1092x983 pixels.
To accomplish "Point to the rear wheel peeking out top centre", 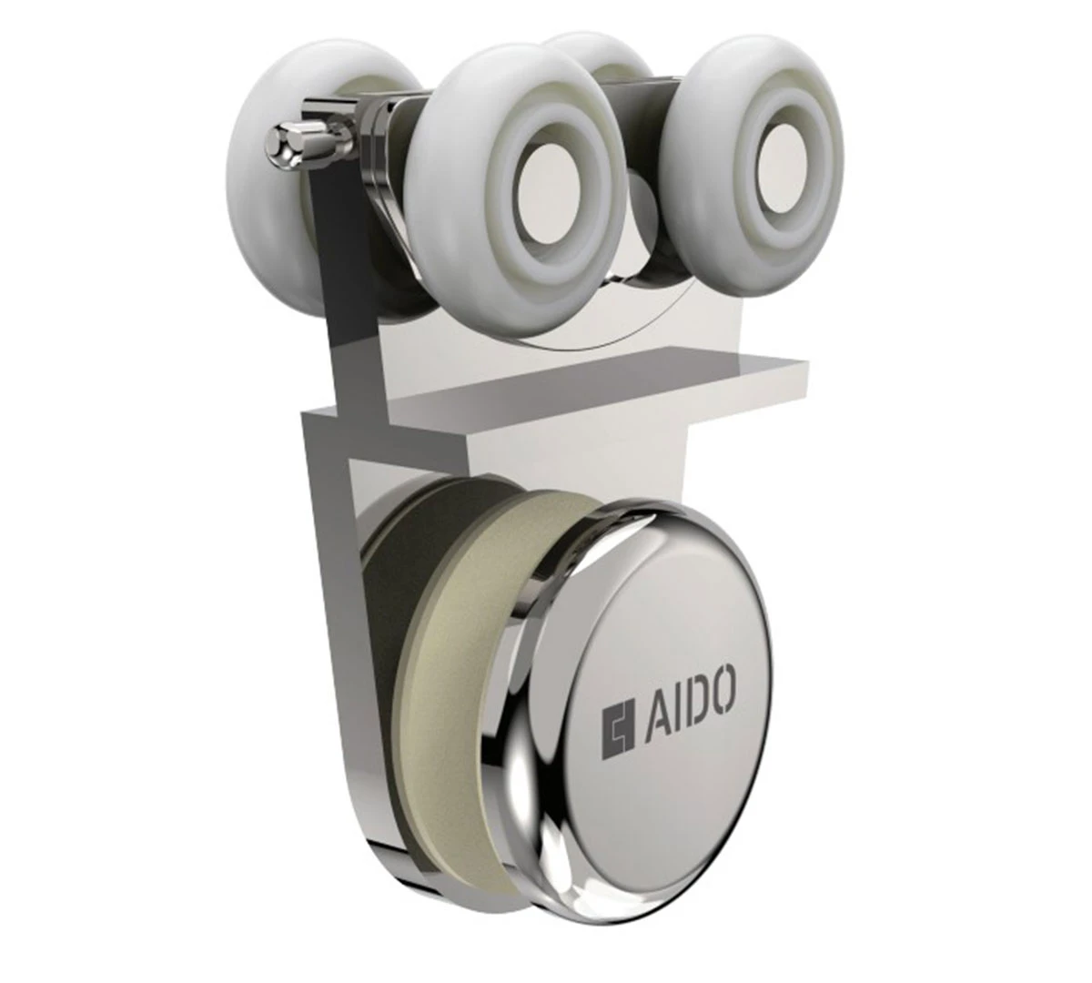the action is (599, 55).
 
